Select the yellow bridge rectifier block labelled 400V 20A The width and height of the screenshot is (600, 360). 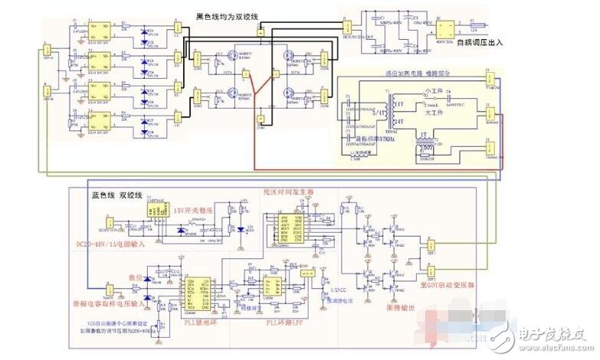point(444,25)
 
